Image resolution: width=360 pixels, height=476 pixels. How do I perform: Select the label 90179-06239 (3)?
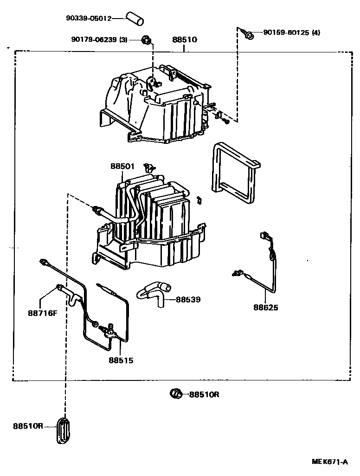tap(99, 40)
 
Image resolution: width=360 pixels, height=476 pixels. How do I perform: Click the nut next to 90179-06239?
tap(146, 40)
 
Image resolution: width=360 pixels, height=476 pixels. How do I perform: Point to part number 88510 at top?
tap(185, 40)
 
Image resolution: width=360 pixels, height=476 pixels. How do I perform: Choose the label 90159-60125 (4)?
tap(291, 32)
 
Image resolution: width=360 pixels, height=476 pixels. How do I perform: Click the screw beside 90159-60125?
tap(248, 34)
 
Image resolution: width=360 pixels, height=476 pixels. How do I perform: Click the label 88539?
tap(188, 300)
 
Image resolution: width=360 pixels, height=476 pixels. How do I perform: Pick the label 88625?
tap(266, 307)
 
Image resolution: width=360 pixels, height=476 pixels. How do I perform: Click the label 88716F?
tap(42, 312)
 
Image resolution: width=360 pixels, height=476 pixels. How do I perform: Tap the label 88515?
tap(121, 360)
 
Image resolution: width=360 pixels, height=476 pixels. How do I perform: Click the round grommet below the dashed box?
tap(176, 394)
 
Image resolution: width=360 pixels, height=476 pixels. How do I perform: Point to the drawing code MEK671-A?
tap(329, 462)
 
